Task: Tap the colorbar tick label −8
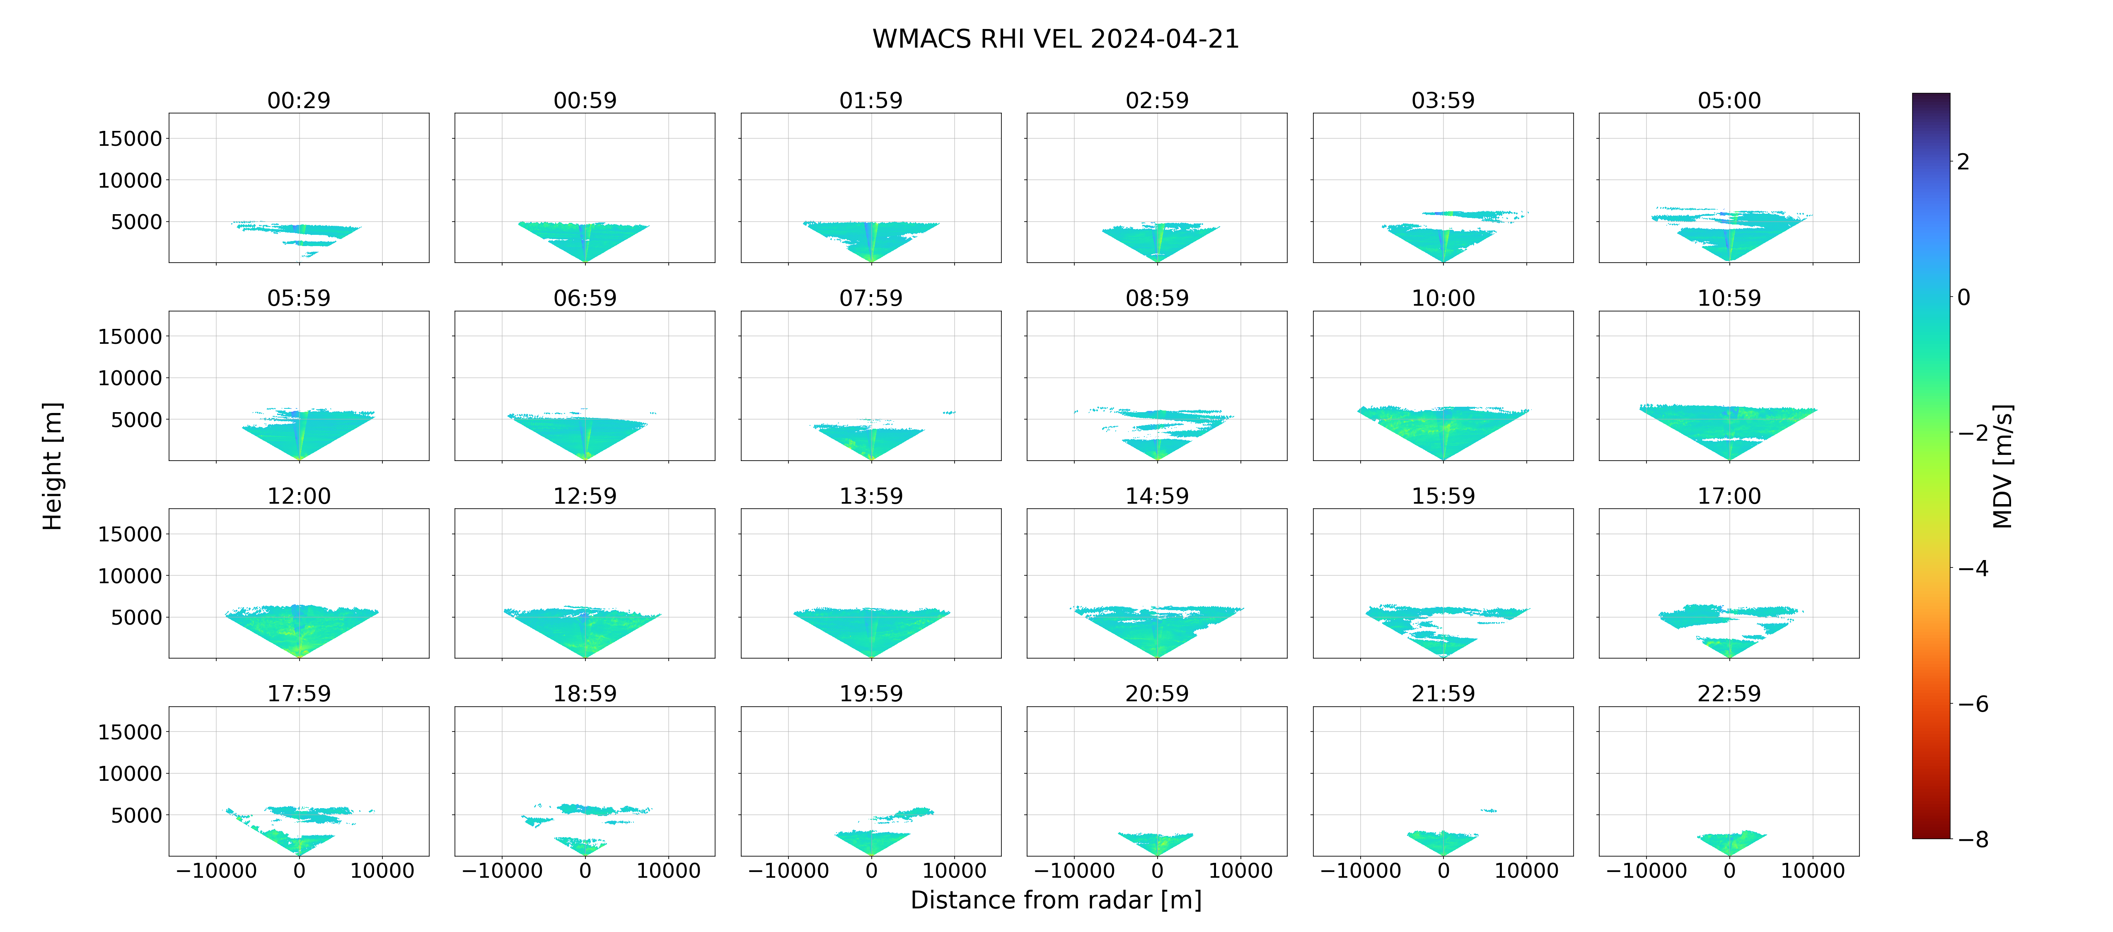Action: (1973, 839)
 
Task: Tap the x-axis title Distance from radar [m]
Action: (1056, 900)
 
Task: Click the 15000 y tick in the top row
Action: (130, 139)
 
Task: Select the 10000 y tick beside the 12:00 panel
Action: (130, 576)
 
